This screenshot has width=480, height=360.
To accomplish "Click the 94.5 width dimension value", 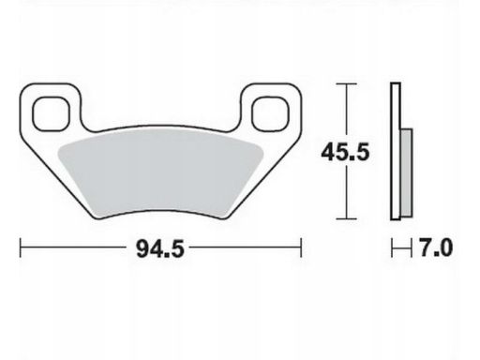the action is [x=160, y=249].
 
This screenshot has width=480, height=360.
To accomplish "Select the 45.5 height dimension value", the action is [x=345, y=152].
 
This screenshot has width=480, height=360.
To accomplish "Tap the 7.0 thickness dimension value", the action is [x=436, y=247].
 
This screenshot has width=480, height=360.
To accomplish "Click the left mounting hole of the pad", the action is [x=51, y=113].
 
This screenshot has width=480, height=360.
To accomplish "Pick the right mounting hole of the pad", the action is [x=271, y=113].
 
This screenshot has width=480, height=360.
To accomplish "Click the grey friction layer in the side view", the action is [x=406, y=172].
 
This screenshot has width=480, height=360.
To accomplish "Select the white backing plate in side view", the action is [x=396, y=152].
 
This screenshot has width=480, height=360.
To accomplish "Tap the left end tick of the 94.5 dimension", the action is [x=21, y=247].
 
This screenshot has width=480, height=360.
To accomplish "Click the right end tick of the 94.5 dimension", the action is [x=301, y=247].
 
